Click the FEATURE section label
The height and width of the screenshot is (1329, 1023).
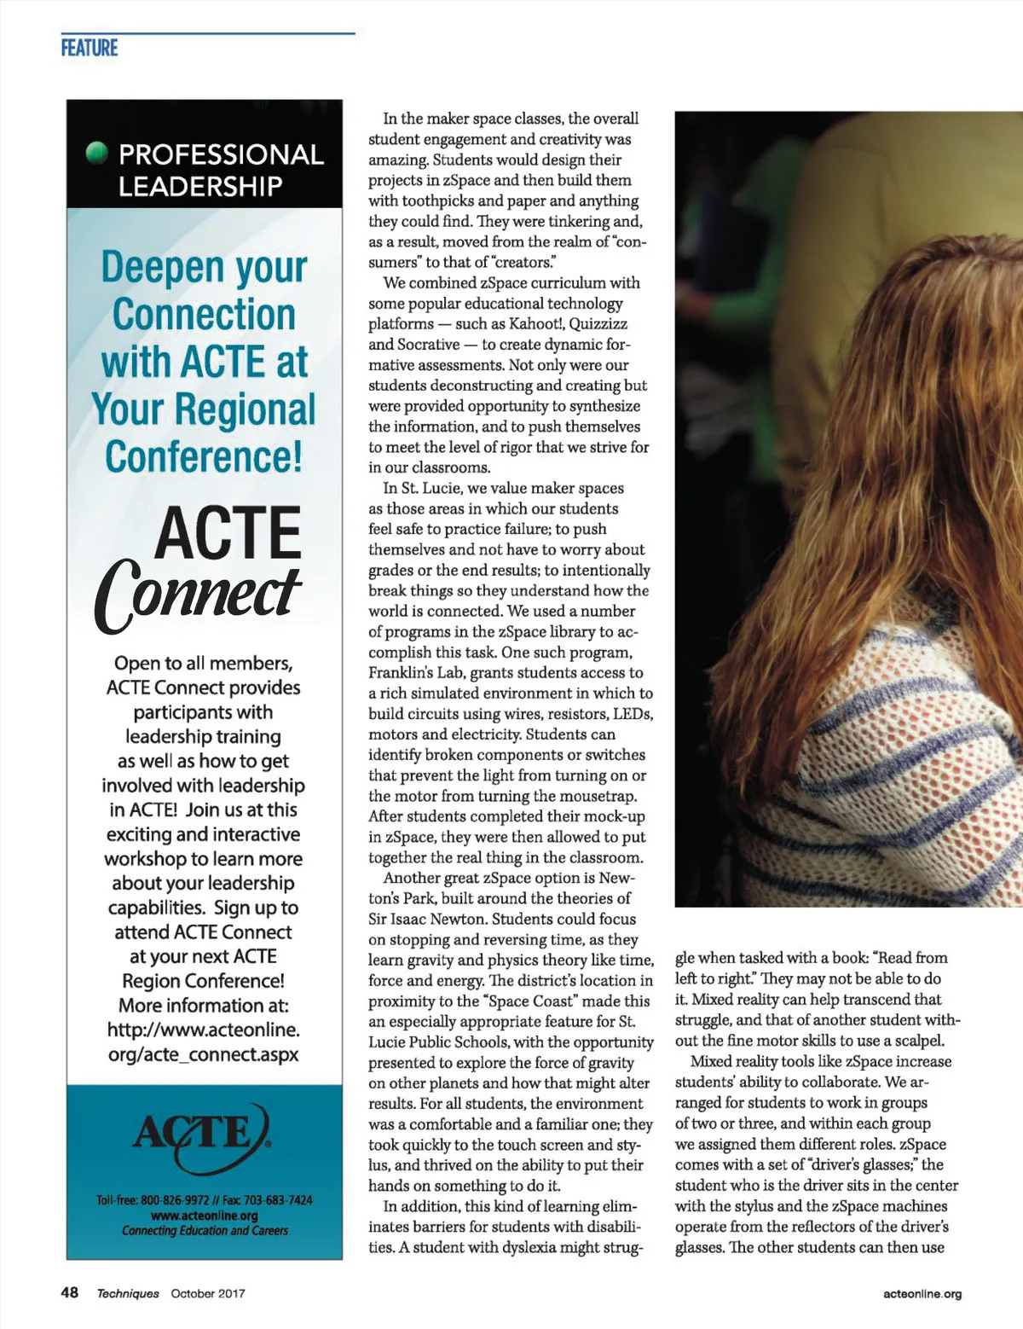[x=90, y=48]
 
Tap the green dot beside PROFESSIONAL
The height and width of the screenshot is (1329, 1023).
[x=98, y=153]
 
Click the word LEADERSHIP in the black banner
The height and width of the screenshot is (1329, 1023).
[x=200, y=186]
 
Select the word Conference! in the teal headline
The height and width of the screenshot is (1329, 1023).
[x=204, y=456]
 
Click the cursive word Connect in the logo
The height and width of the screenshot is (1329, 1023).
[x=198, y=594]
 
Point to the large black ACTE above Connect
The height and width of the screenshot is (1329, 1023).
[x=228, y=533]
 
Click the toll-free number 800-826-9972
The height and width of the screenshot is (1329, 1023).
[x=175, y=1200]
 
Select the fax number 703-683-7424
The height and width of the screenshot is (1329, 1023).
[x=278, y=1200]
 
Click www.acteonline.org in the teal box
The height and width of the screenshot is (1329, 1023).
[x=204, y=1216]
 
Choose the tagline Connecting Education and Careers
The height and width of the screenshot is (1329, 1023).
[x=205, y=1230]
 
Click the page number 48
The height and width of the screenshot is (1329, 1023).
[x=70, y=1292]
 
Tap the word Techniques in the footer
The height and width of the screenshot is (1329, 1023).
[x=128, y=1293]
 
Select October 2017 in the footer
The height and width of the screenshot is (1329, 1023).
[x=208, y=1293]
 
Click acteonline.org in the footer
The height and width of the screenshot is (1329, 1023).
[x=922, y=1293]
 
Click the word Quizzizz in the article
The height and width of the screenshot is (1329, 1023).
[x=598, y=324]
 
